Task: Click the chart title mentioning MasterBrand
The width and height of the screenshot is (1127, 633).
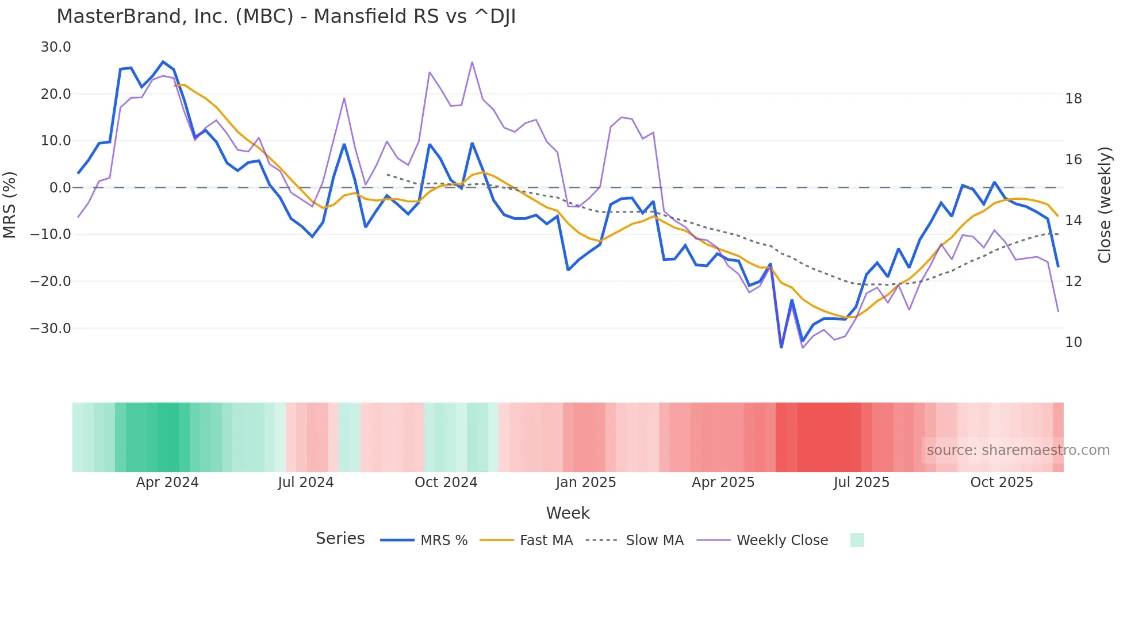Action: coord(286,17)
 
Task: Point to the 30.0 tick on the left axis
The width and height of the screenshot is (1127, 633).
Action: coord(56,47)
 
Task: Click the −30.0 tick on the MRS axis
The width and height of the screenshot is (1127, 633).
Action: coord(51,329)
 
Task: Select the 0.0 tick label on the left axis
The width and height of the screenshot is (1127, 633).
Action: coord(60,188)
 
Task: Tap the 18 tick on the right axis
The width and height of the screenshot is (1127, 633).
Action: coord(1073,99)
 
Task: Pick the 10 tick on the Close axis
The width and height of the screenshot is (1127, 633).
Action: coord(1073,342)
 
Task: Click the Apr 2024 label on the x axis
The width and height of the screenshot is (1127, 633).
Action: coord(167,483)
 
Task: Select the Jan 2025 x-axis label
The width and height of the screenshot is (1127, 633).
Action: coord(585,483)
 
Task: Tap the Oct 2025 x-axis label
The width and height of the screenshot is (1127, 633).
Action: coord(1001,483)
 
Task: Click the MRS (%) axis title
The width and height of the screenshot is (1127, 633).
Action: coord(10,205)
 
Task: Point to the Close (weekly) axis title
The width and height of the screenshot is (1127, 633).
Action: coord(1104,205)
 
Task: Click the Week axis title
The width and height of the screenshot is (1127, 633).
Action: coord(568,513)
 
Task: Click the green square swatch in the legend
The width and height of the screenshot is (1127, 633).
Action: coord(857,540)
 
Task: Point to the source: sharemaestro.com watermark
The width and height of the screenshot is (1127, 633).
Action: coord(1018,450)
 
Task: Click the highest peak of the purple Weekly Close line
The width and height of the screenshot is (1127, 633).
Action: coord(472,62)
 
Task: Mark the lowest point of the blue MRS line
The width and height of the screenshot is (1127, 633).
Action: coord(781,347)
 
